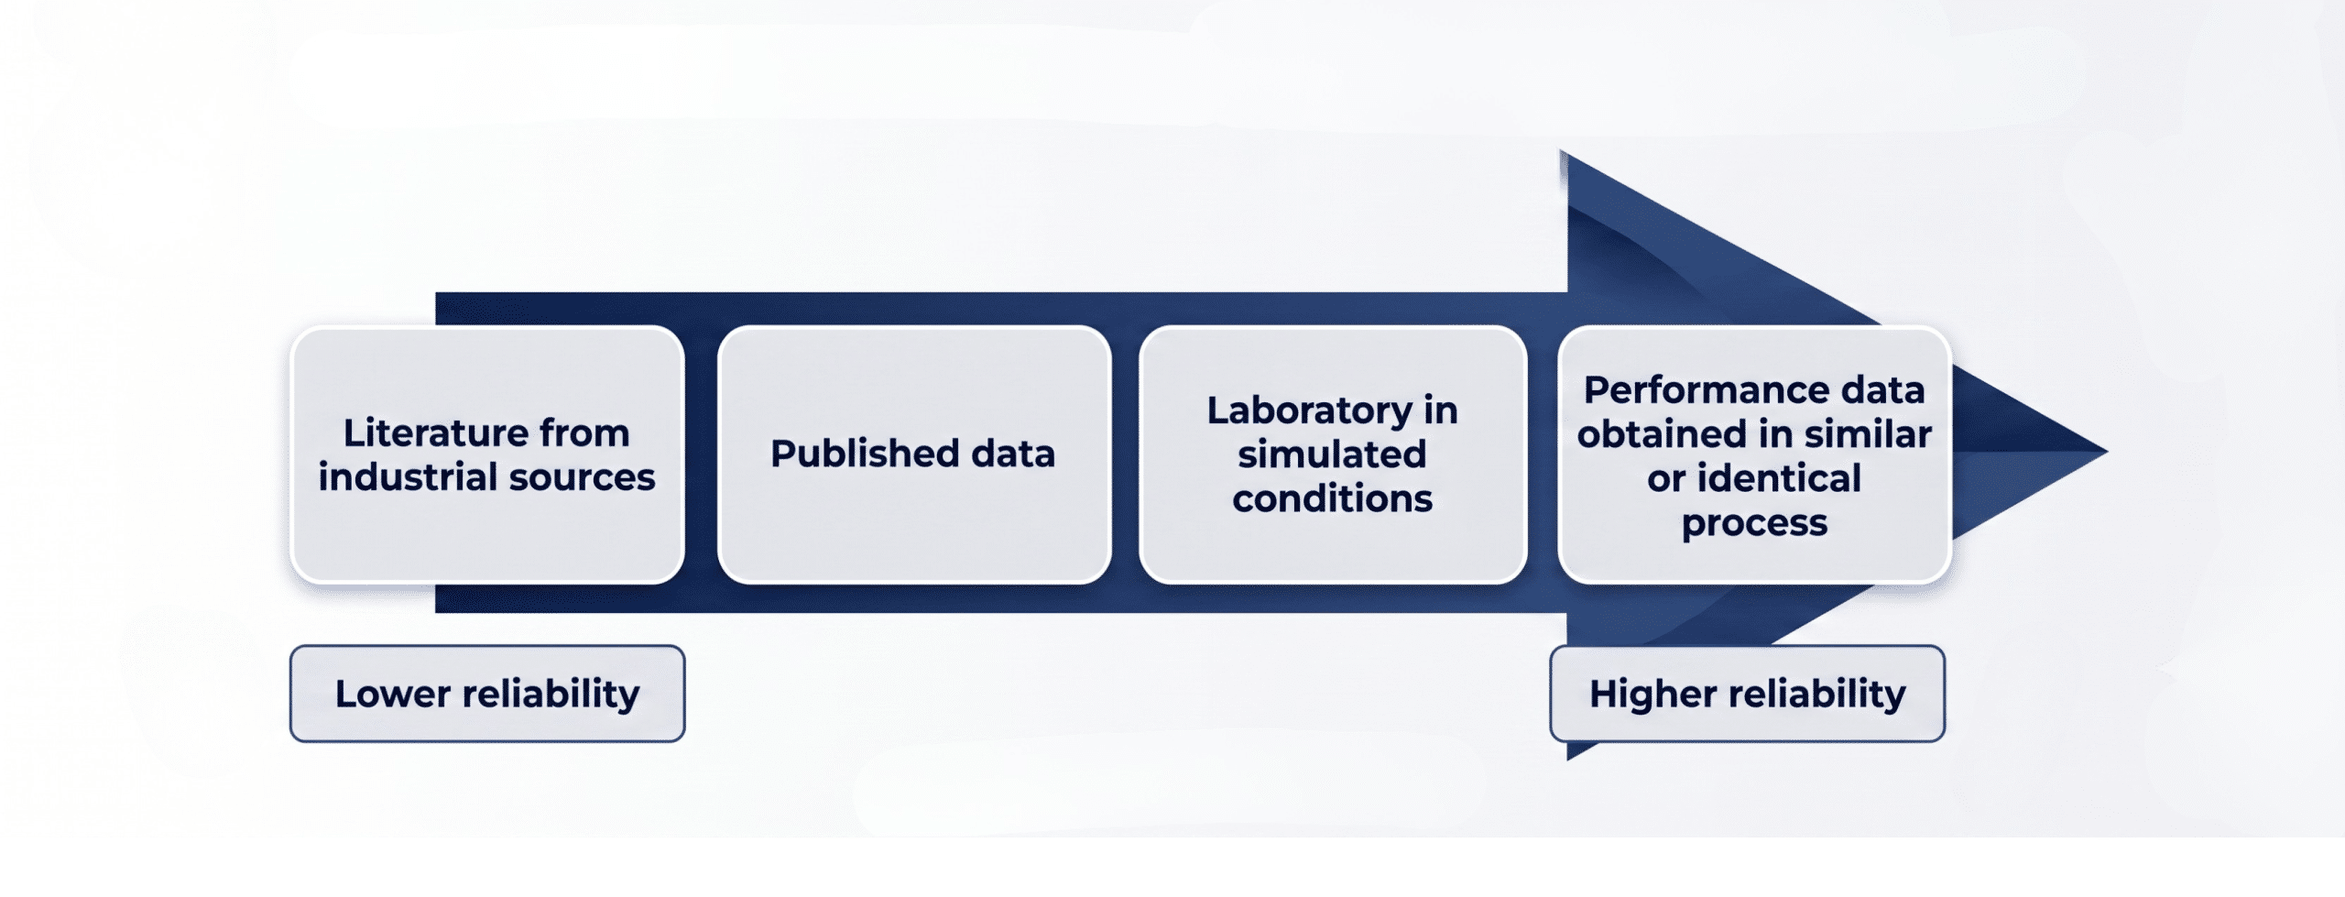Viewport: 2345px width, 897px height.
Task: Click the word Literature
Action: click(433, 432)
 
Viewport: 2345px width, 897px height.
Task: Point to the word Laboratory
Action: click(1310, 411)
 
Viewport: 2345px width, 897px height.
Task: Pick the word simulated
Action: click(1332, 454)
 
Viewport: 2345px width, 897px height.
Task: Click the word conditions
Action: click(1332, 498)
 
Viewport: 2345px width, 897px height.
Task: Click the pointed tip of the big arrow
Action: click(2107, 451)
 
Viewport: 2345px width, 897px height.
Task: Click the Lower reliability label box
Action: click(487, 694)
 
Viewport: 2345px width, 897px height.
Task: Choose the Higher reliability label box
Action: click(1747, 694)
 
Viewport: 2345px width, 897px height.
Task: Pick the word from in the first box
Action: click(584, 432)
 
